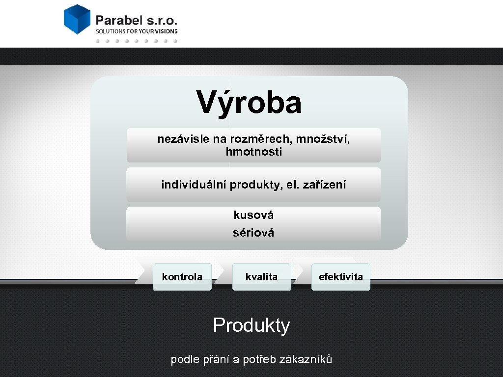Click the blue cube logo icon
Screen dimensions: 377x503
(78, 19)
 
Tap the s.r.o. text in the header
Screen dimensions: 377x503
(162, 20)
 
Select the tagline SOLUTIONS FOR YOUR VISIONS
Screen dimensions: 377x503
(136, 31)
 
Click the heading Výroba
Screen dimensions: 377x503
(249, 102)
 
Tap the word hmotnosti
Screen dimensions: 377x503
(254, 152)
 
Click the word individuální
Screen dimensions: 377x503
(194, 185)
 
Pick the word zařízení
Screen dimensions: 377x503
(326, 185)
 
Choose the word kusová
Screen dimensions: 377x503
(253, 215)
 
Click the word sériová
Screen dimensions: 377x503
(253, 233)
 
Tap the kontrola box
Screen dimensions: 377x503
(182, 277)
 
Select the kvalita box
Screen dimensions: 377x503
(261, 277)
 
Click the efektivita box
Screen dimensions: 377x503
(341, 277)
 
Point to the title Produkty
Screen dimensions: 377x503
(251, 325)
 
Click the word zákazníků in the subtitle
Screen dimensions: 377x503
(306, 359)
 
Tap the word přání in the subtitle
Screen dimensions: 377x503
(215, 359)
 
